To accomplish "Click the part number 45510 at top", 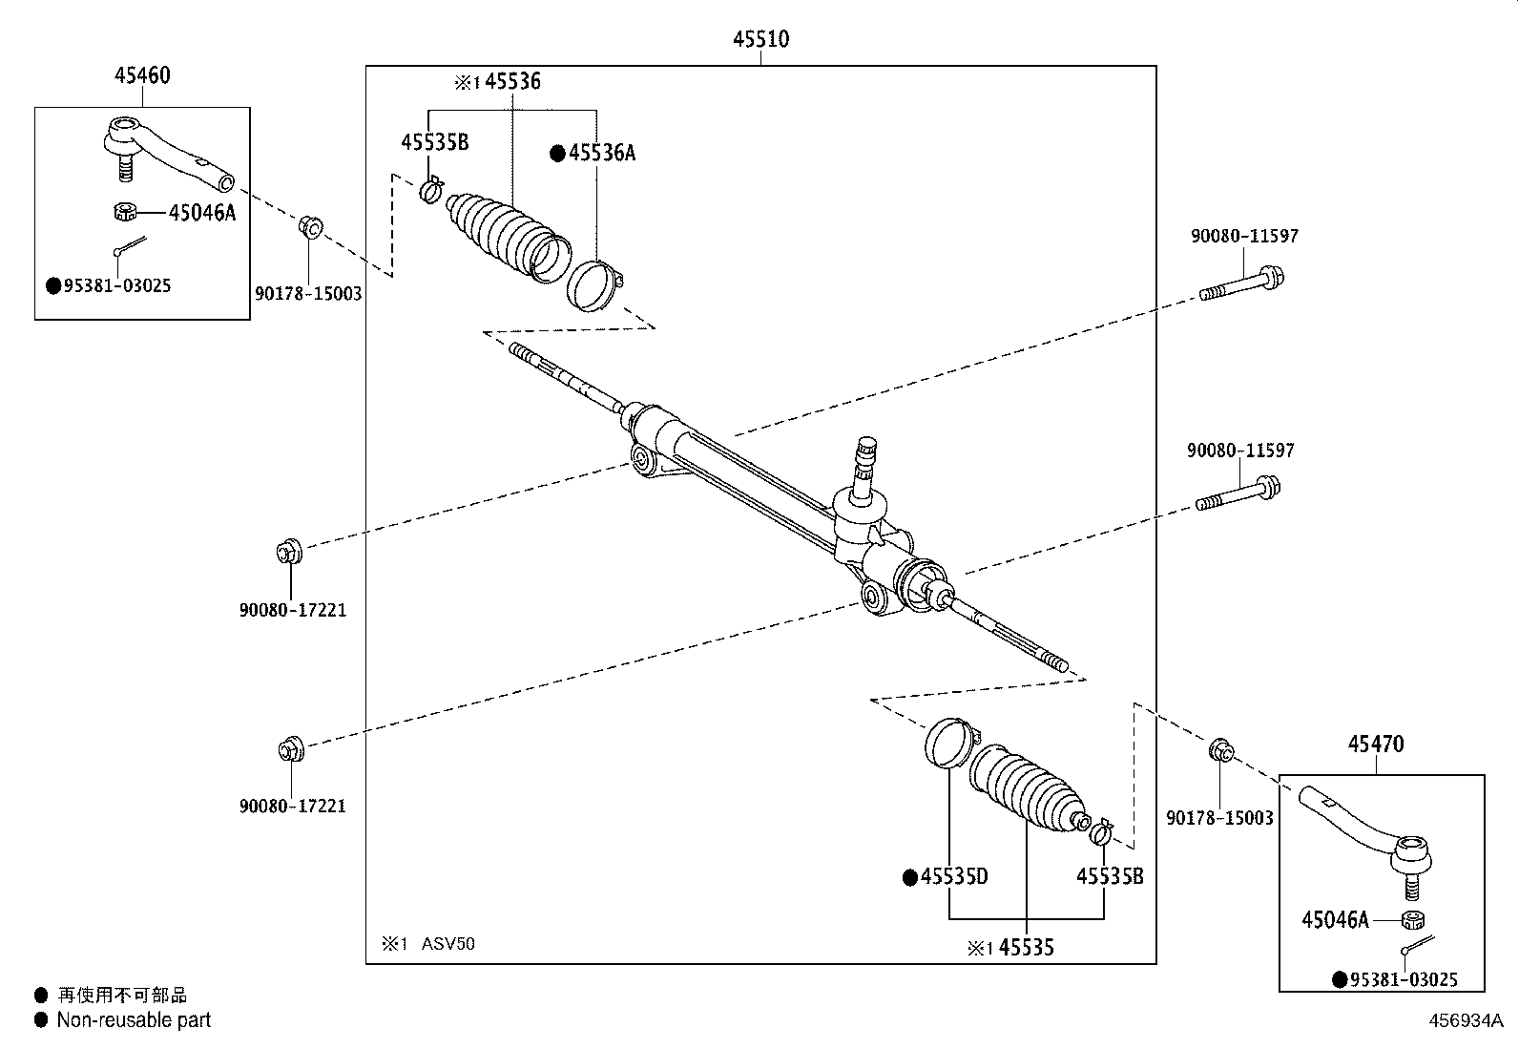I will [760, 39].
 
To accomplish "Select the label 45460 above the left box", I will [142, 74].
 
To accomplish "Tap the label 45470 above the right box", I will [1375, 744].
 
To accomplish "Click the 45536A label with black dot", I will [601, 153].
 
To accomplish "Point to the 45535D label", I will [953, 876].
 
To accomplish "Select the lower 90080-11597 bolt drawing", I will [1237, 494].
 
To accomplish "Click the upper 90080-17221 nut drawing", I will [288, 551].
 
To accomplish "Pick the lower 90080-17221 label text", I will [292, 806].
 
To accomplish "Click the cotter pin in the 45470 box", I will [1418, 945].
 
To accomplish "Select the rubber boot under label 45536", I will [504, 235].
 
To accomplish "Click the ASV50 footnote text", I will [443, 944].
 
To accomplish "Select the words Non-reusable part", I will [134, 1019].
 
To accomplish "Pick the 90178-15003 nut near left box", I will [310, 227].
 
